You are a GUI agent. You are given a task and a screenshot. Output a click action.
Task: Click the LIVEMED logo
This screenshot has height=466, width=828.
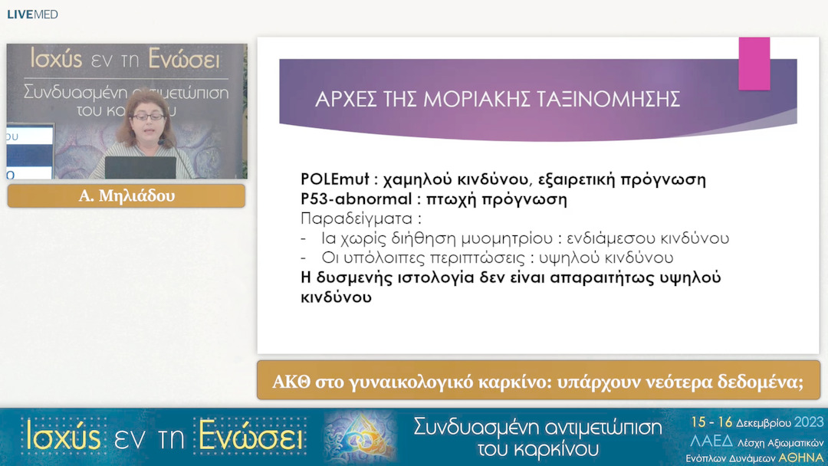pyautogui.click(x=32, y=15)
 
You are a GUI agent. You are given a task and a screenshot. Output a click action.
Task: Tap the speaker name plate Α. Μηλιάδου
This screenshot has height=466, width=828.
pyautogui.click(x=127, y=196)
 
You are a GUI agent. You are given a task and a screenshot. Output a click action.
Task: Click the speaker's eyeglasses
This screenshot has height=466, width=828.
pyautogui.click(x=146, y=116)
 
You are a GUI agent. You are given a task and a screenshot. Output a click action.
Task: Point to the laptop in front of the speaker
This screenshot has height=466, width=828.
pyautogui.click(x=140, y=167)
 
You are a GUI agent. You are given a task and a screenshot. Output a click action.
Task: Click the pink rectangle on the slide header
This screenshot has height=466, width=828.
pyautogui.click(x=754, y=64)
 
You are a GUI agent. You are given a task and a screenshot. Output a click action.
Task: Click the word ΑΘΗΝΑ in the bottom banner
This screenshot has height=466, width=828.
pyautogui.click(x=801, y=457)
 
